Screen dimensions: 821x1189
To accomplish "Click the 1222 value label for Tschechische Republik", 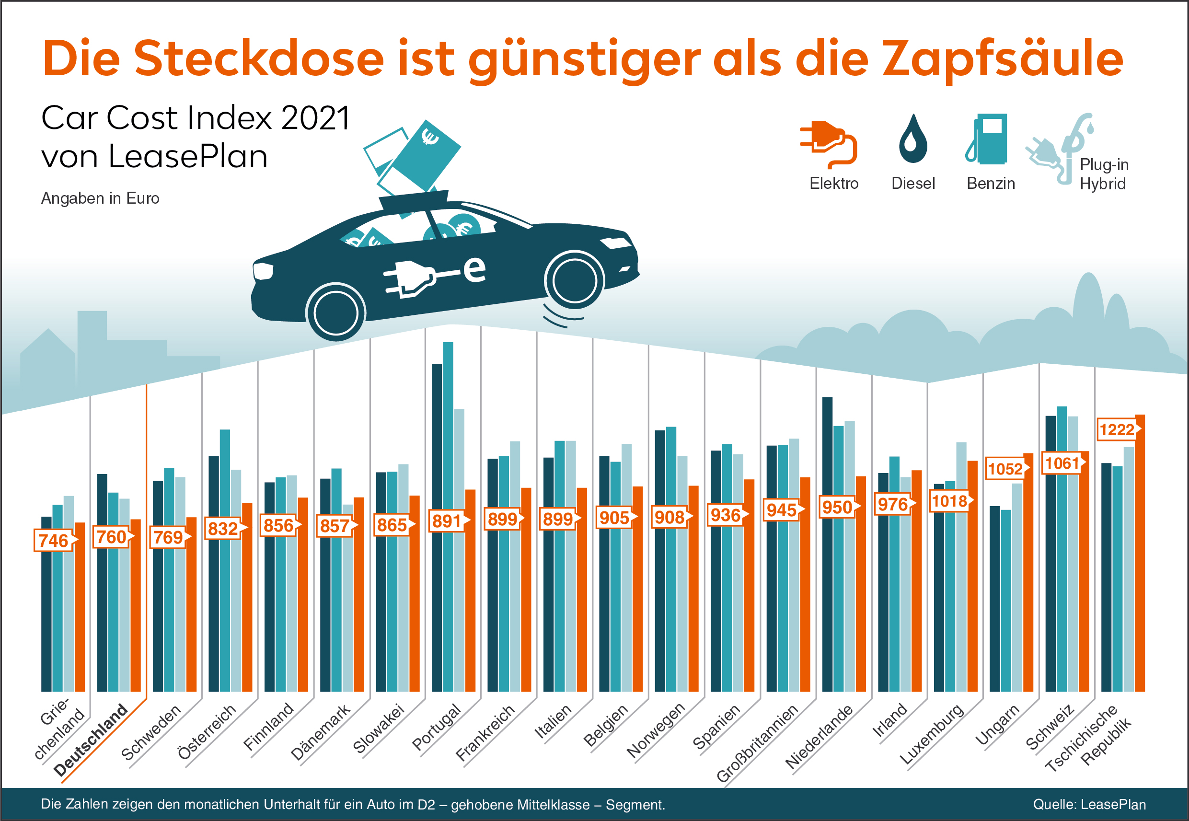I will pos(1117,429).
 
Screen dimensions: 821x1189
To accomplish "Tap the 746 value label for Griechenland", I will pos(54,540).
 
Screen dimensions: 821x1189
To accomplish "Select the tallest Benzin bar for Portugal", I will pos(448,514).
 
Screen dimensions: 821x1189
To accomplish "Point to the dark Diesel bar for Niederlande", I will pos(827,540).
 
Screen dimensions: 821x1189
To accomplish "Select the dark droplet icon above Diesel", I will pos(913,139).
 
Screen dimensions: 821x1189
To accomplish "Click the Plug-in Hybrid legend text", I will pos(1104,174).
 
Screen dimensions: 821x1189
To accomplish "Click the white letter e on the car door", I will pos(474,268).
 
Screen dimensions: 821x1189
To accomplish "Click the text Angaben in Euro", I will pos(100,198).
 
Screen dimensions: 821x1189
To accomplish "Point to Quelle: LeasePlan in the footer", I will pos(1089,805).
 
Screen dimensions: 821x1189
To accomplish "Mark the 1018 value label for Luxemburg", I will pos(949,501).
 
